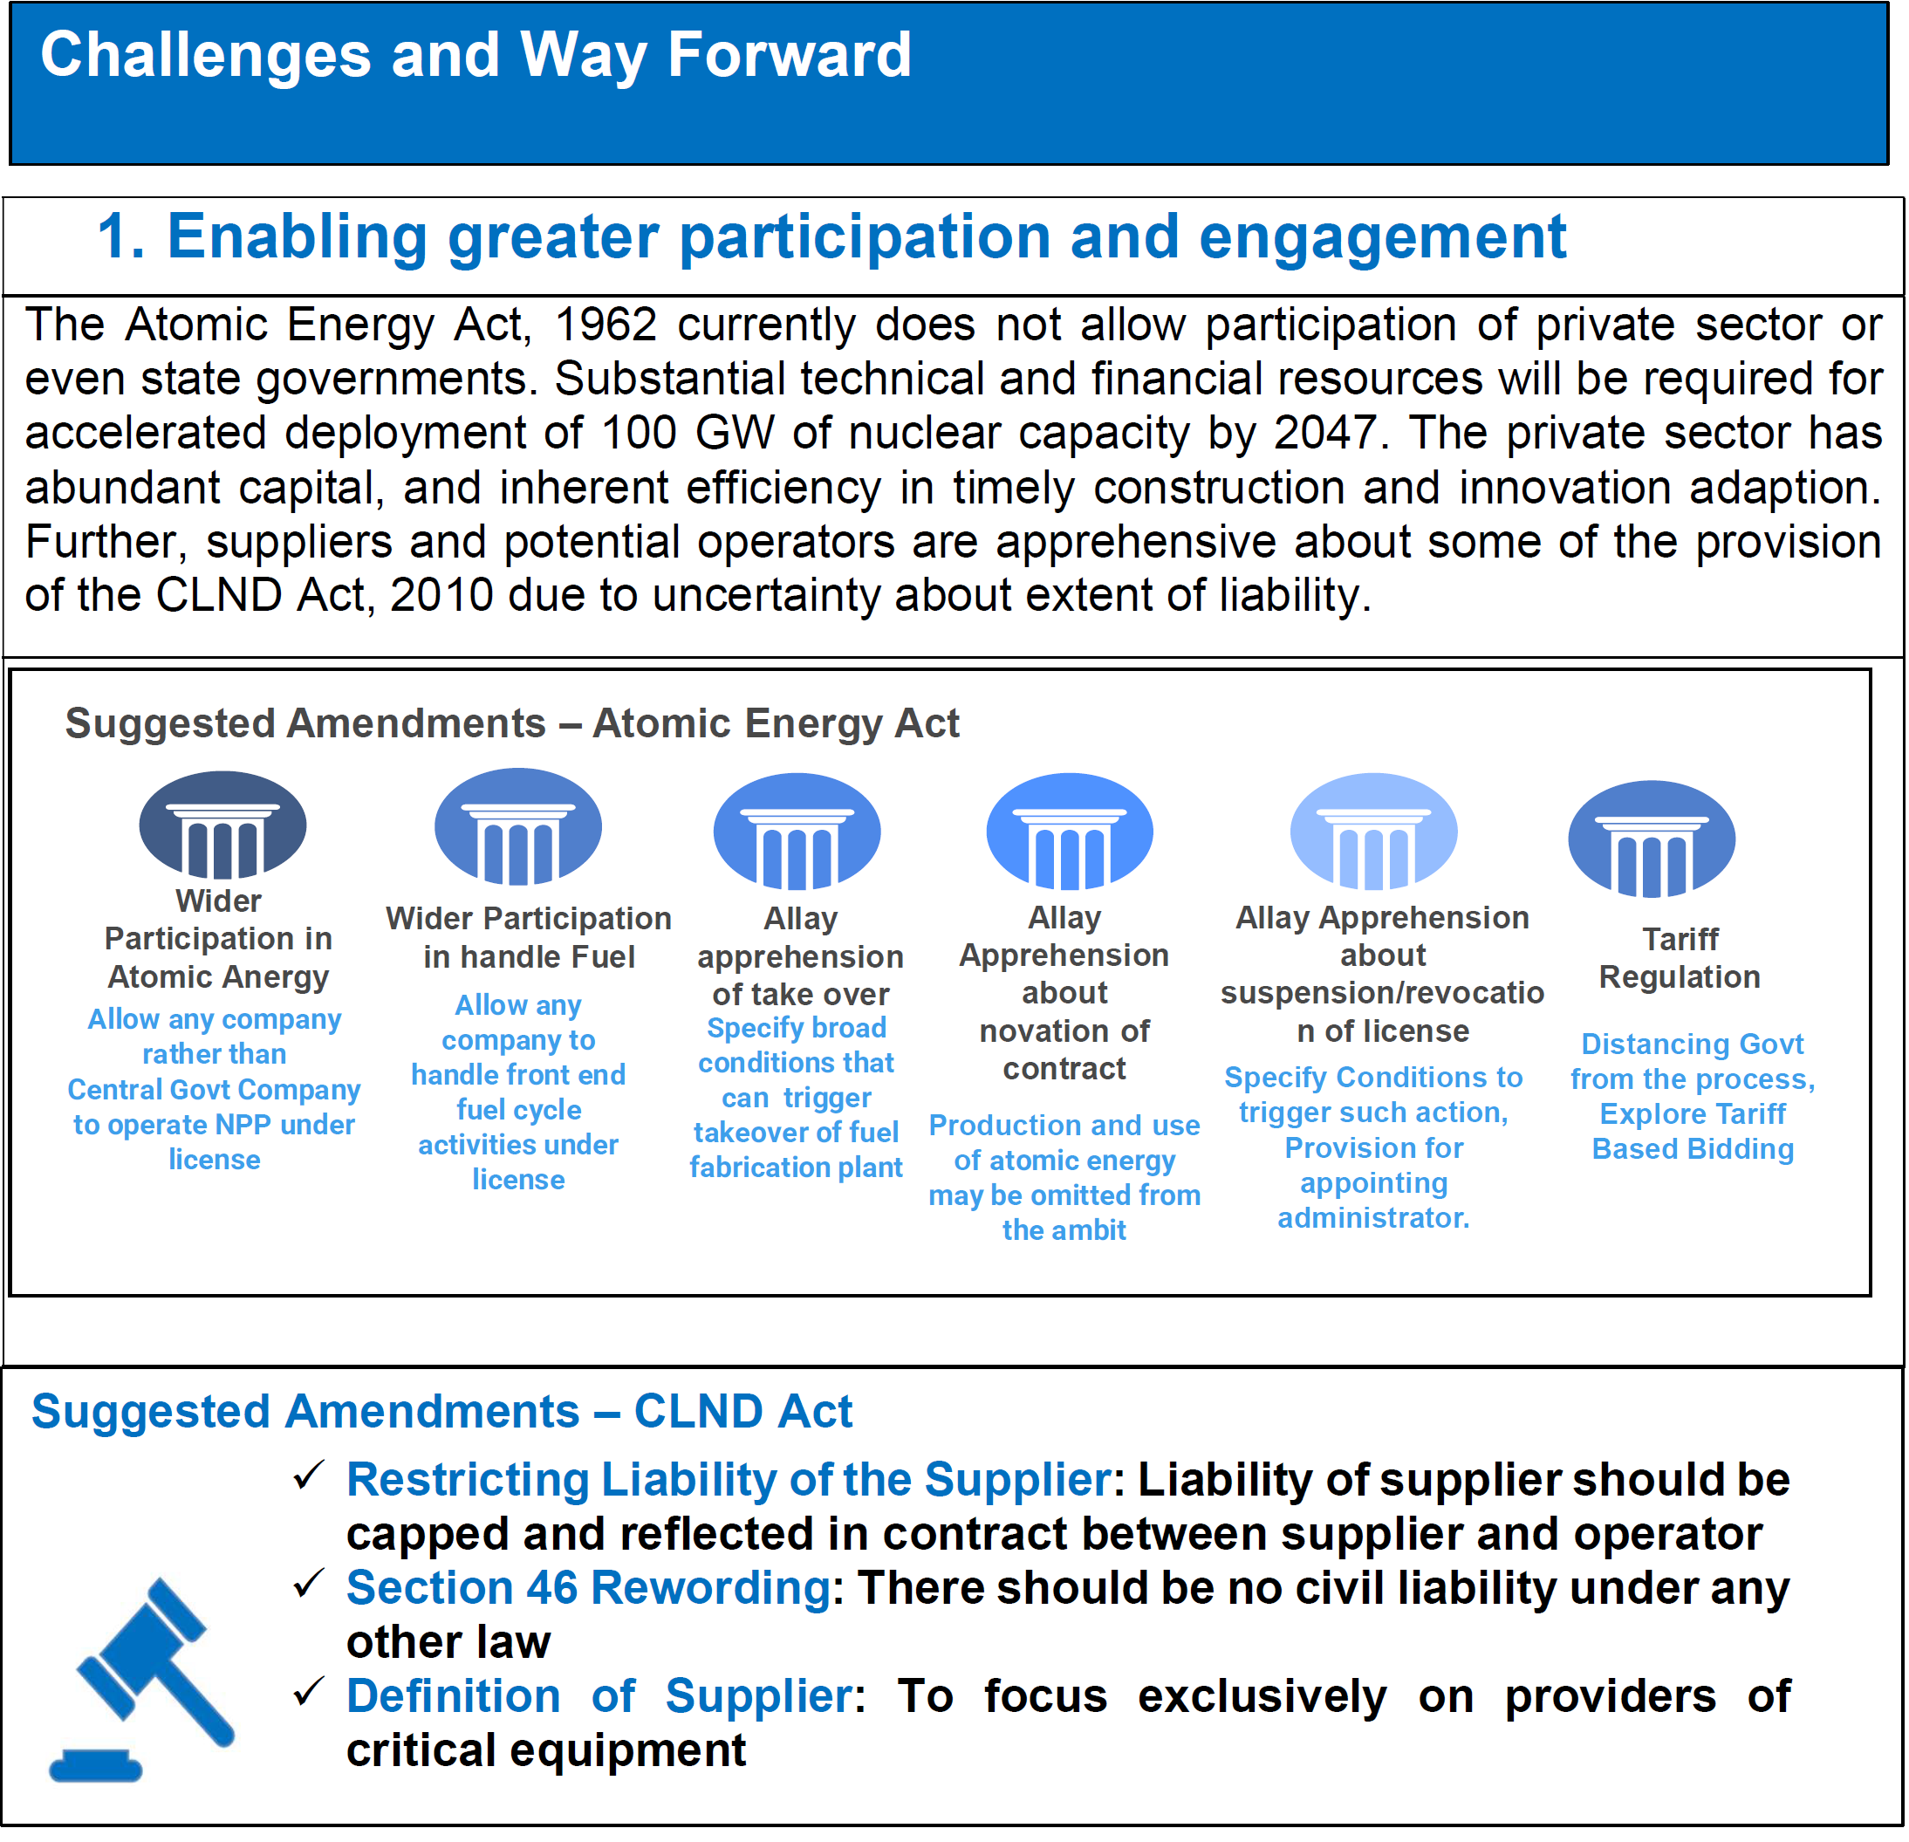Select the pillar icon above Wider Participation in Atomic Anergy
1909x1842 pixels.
223,824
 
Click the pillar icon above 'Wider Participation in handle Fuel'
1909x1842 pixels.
518,826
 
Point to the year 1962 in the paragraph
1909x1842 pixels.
605,325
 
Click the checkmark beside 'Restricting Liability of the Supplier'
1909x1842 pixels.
309,1476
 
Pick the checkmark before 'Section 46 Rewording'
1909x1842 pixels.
309,1585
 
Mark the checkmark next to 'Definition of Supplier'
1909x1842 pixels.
309,1693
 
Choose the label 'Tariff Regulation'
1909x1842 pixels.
1680,957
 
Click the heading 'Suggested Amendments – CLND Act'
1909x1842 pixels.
441,1412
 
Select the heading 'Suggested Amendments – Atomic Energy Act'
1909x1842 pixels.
512,723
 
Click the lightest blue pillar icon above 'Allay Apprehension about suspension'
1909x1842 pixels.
1373,832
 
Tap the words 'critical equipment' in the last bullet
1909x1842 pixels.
546,1751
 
